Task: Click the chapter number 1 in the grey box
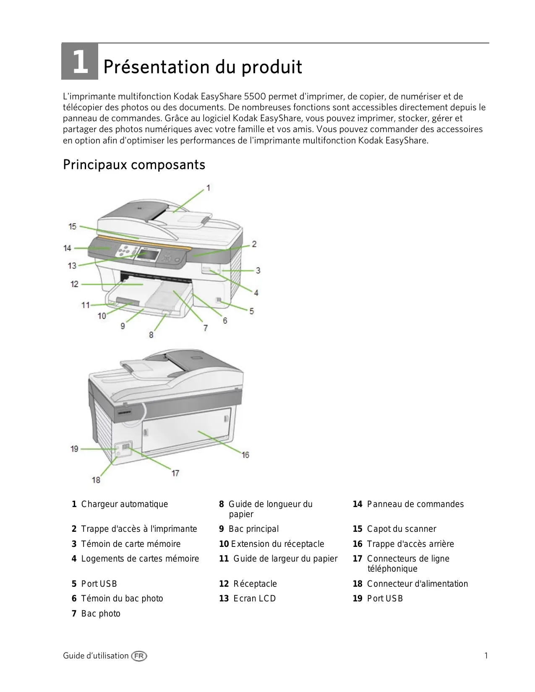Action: [80, 62]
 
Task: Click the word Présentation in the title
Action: [156, 67]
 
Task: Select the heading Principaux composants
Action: [134, 164]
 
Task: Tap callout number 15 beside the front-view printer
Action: [73, 226]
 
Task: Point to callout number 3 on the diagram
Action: [258, 271]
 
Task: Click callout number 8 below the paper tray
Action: [151, 335]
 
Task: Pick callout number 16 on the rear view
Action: [245, 455]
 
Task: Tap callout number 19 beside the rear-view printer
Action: [74, 449]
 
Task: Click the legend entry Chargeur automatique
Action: [124, 504]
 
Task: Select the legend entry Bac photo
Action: [100, 614]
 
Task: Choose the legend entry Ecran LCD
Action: [254, 598]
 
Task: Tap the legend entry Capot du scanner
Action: [401, 529]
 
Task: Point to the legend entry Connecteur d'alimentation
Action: [417, 584]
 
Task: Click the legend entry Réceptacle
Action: [255, 584]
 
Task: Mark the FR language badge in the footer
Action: [139, 656]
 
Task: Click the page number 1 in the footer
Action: [486, 656]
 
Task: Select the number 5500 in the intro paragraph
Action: [255, 96]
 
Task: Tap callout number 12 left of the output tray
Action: [74, 284]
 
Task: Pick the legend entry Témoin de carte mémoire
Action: [130, 544]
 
